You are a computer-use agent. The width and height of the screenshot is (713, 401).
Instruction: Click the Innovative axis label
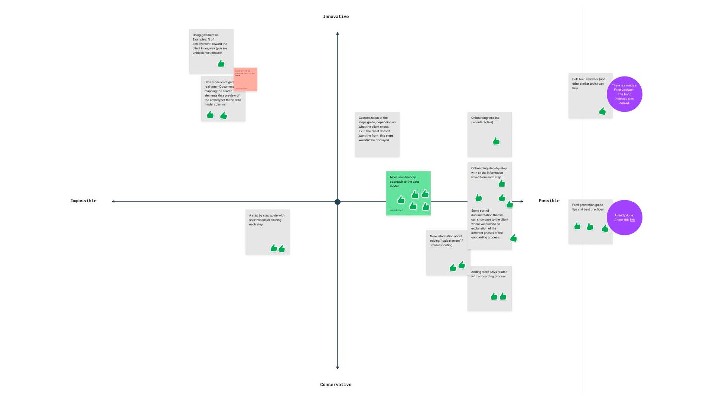[x=336, y=17]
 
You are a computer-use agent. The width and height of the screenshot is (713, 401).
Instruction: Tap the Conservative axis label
[x=336, y=385]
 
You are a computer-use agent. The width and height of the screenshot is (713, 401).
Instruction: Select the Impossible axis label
[x=84, y=201]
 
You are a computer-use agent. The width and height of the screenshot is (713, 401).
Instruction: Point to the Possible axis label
[x=549, y=201]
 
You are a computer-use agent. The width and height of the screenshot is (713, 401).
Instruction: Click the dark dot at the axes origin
[x=337, y=202]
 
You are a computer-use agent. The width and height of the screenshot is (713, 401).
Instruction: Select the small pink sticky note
[x=245, y=79]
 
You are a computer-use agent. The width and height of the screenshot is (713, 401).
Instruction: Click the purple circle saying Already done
[x=624, y=218]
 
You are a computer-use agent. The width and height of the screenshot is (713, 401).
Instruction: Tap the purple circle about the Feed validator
[x=624, y=94]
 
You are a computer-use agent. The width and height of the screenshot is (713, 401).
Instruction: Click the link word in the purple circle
[x=632, y=220]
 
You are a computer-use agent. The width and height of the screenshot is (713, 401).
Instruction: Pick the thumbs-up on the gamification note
[x=221, y=63]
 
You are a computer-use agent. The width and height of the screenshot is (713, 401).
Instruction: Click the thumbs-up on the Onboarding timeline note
[x=496, y=141]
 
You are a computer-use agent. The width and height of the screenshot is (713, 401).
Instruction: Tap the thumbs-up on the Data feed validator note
[x=602, y=111]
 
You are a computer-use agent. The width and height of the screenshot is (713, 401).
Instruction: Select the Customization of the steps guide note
[x=377, y=134]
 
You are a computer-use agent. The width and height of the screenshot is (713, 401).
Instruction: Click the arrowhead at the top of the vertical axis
[x=338, y=34]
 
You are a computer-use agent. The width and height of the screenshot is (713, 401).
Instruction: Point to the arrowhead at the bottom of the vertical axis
[x=338, y=368]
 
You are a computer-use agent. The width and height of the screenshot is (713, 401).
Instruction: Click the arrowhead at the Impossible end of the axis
[x=113, y=202]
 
